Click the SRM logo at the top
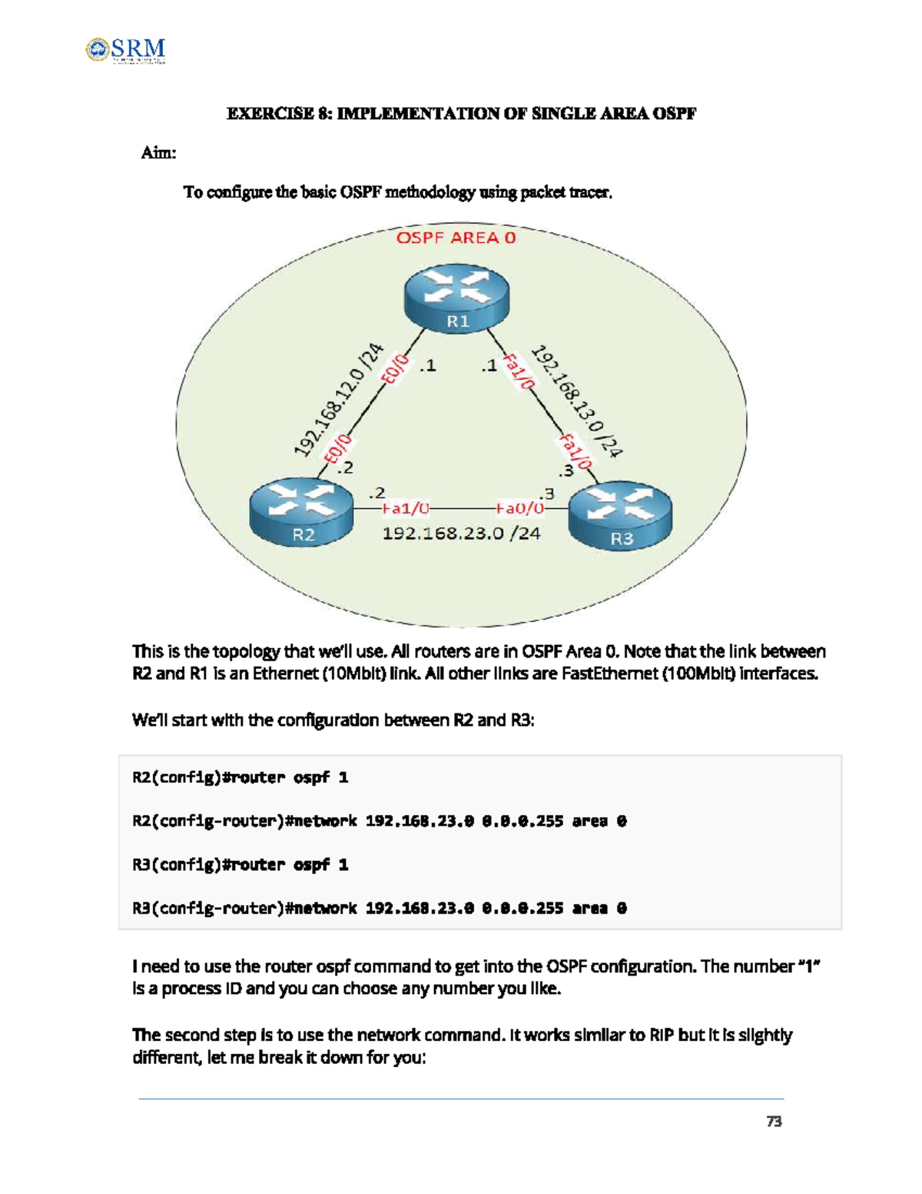pyautogui.click(x=126, y=50)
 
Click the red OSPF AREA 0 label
pyautogui.click(x=456, y=238)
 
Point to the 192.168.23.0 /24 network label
pyautogui.click(x=461, y=533)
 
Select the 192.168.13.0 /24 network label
pyautogui.click(x=577, y=401)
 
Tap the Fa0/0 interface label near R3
pyautogui.click(x=519, y=508)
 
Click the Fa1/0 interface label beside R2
pyautogui.click(x=405, y=508)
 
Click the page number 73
pyautogui.click(x=774, y=1122)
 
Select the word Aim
pyautogui.click(x=158, y=152)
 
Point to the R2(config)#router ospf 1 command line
pyautogui.click(x=240, y=777)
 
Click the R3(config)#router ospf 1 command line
pyautogui.click(x=240, y=864)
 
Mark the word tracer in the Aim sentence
pyautogui.click(x=591, y=192)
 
